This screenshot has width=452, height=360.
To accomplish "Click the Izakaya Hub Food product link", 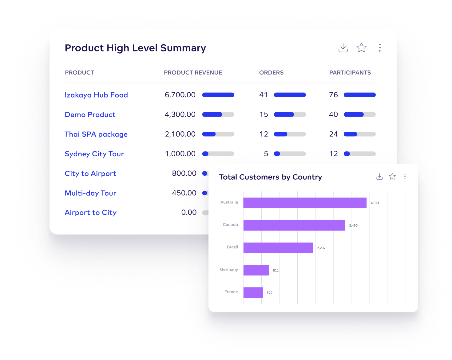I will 96,95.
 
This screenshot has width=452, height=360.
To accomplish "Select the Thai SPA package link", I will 96,134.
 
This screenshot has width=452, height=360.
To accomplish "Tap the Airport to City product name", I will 90,213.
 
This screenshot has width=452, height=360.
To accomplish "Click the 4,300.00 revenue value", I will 180,114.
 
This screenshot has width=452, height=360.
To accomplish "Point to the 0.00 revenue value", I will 189,213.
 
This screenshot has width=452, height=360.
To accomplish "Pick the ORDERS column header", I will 271,73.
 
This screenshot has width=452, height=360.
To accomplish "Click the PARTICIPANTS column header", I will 350,73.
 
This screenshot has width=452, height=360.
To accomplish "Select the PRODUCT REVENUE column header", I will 193,73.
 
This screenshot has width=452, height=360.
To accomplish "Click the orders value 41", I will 264,95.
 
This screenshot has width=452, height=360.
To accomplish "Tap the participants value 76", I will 333,95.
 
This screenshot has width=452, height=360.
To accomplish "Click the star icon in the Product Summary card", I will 361,48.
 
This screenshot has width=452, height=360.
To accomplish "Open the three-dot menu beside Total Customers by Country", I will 405,177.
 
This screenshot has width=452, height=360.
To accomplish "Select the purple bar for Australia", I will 305,203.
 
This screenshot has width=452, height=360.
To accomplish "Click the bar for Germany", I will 256,270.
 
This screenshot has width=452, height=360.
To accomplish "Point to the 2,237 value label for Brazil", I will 321,248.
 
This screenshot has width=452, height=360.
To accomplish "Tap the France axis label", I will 231,292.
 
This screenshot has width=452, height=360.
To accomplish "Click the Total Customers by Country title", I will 270,177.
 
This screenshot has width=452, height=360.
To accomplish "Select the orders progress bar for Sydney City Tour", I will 290,154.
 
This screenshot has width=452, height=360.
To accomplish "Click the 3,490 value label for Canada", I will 353,226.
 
